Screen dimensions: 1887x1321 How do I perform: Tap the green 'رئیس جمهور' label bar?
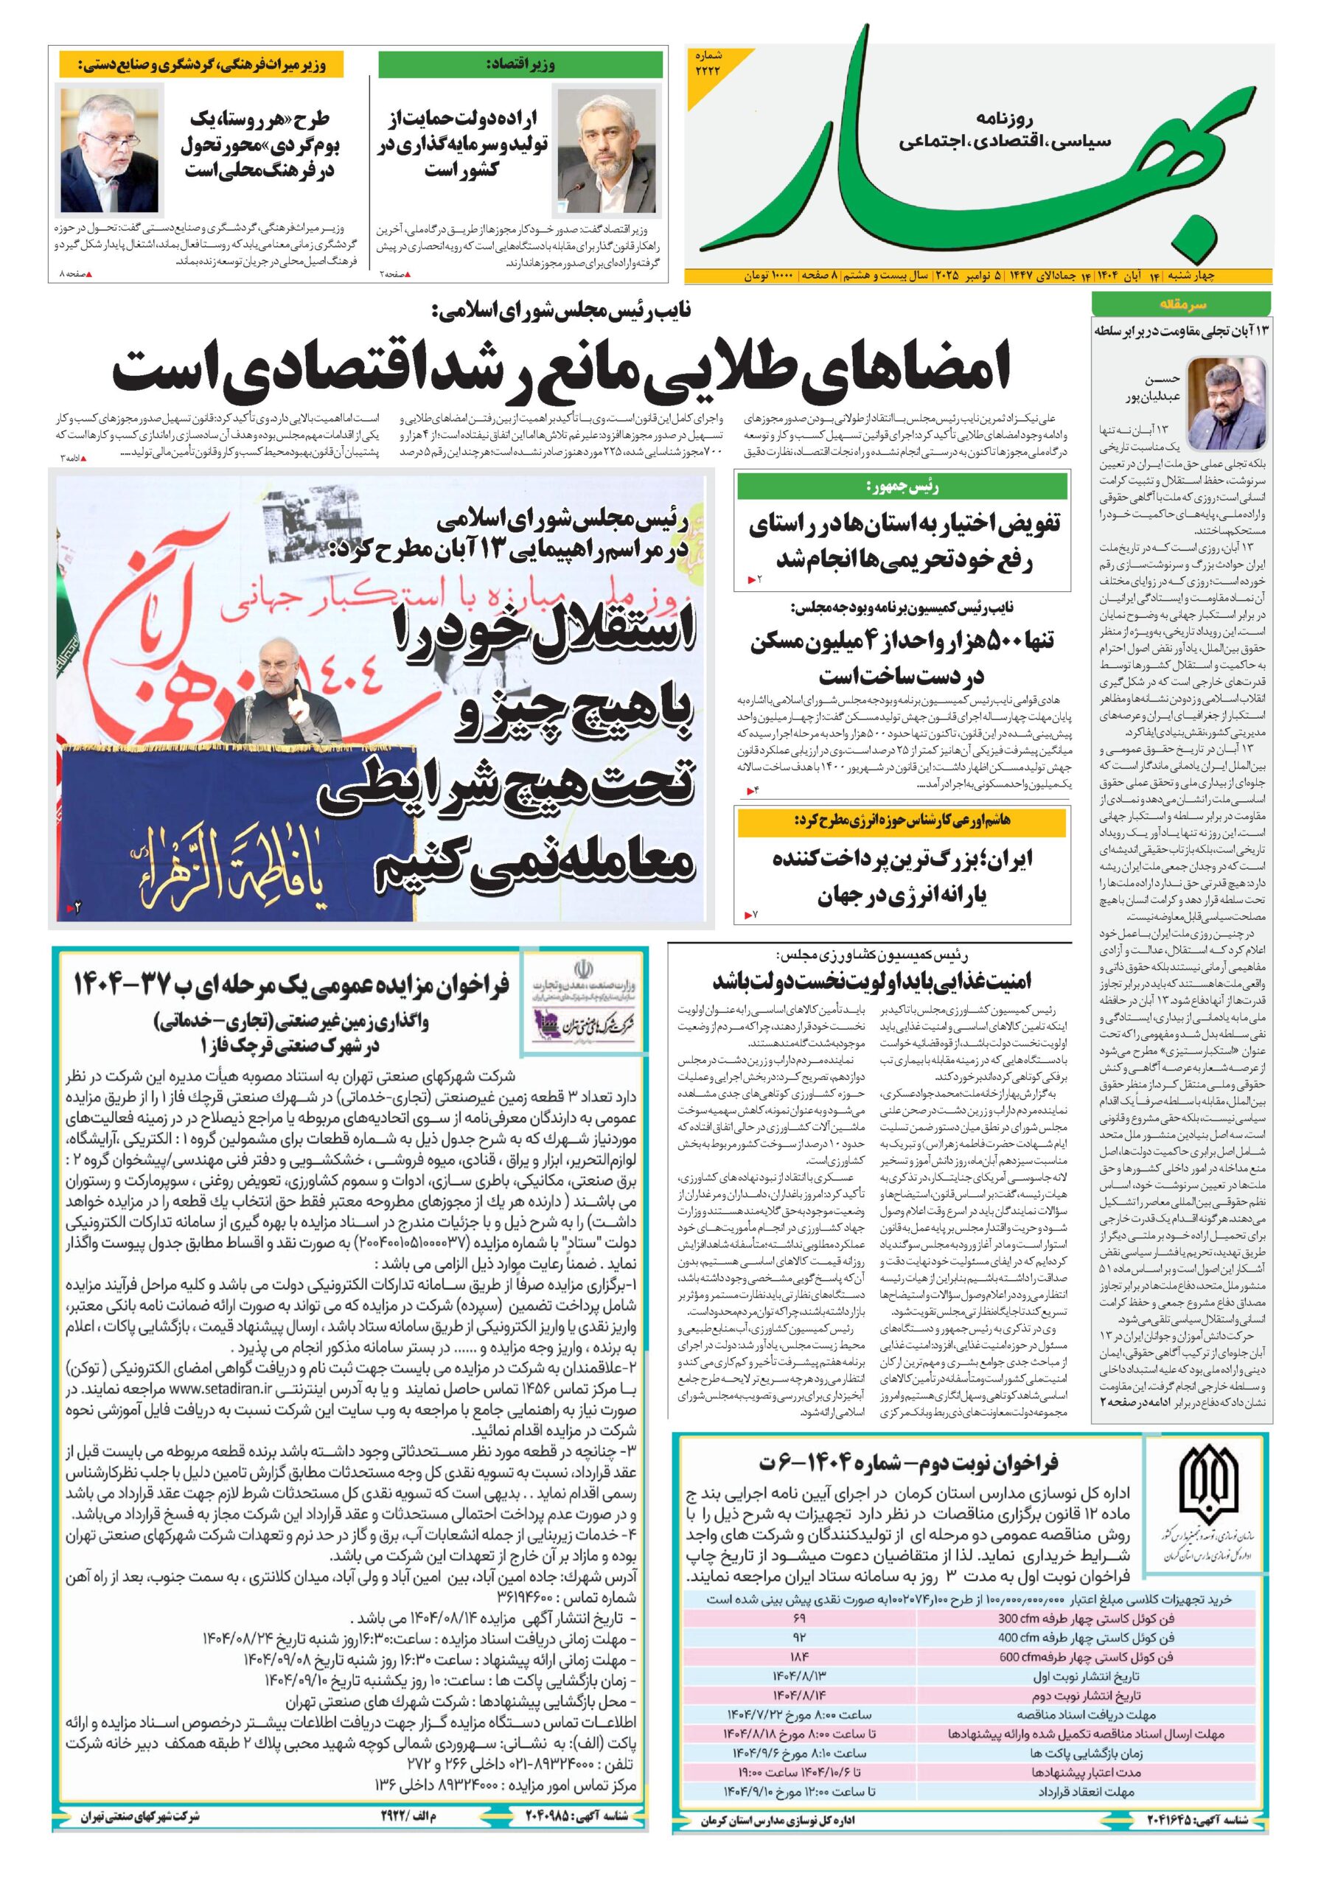(902, 486)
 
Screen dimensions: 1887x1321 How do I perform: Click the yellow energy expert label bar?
(902, 820)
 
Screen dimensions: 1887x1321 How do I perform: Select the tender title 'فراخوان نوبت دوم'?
(908, 1463)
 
